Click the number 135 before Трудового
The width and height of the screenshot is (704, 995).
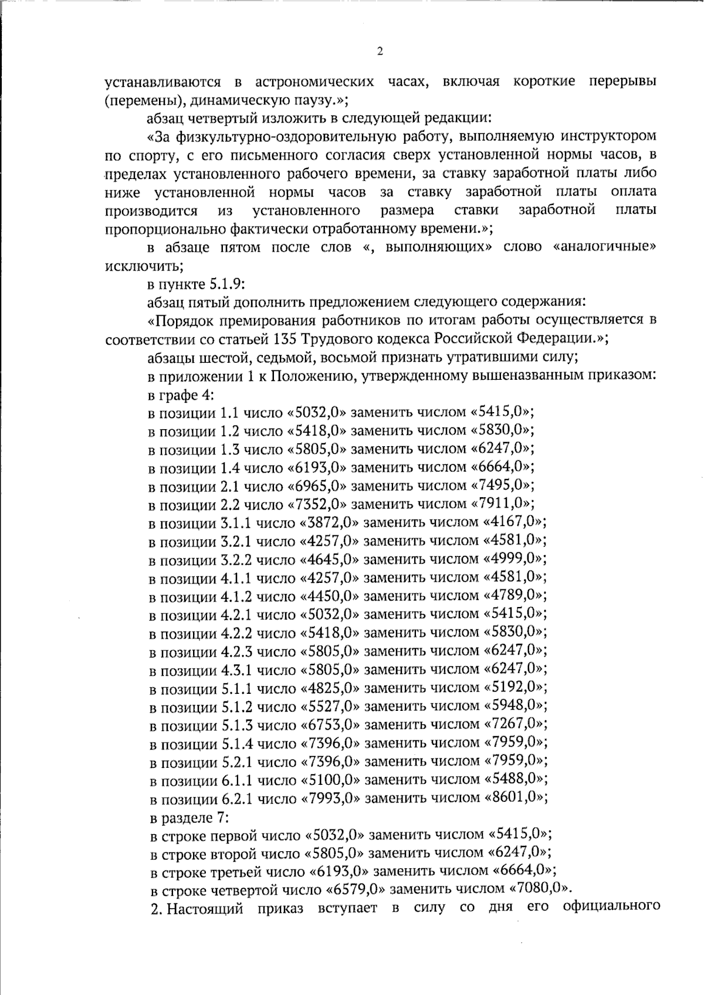click(x=285, y=339)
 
